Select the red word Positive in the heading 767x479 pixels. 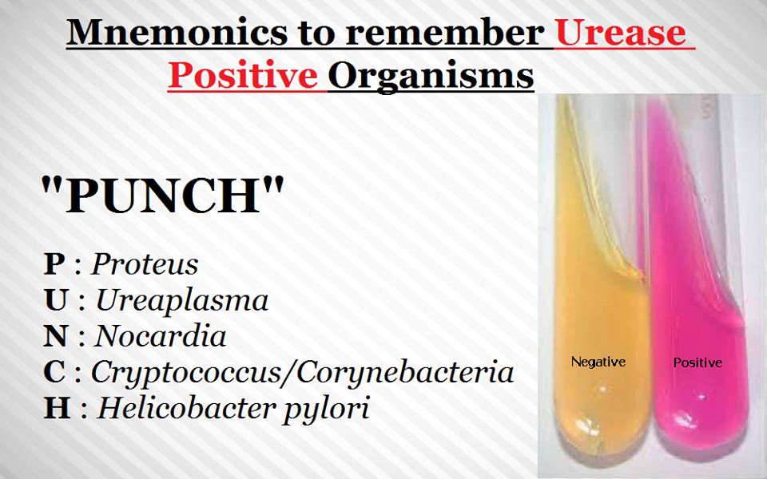coord(243,76)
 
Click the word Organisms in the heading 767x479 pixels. coord(431,77)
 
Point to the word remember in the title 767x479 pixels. coord(445,32)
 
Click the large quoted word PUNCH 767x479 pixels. coord(162,196)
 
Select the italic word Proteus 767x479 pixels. coord(145,264)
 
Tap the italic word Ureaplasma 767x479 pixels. coord(182,299)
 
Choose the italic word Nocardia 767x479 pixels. coord(160,336)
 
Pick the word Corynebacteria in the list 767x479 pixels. coord(405,372)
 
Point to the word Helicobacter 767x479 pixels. coord(186,408)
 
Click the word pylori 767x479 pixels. coord(327,409)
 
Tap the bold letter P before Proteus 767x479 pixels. coord(54,264)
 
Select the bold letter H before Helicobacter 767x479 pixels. coord(57,408)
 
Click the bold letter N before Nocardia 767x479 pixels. coord(55,336)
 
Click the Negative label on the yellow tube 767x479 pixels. coord(598,362)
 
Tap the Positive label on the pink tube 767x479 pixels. coord(697,362)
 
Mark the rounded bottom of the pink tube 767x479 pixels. coord(701,430)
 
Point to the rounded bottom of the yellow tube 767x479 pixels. coord(601,430)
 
